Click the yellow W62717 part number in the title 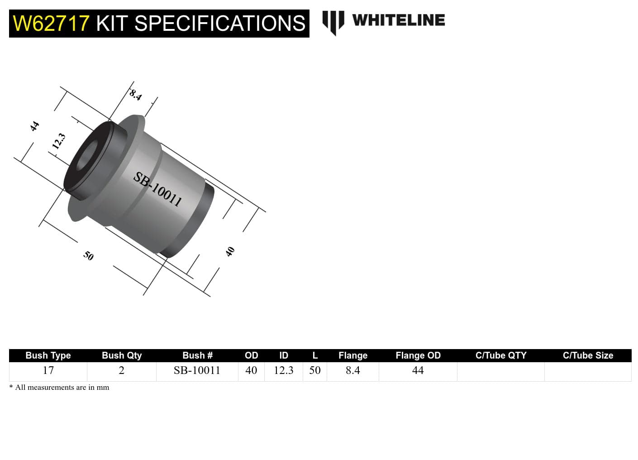[x=51, y=24]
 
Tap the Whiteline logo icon [x=333, y=21]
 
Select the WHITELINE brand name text [x=398, y=20]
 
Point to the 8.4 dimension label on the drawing [x=135, y=95]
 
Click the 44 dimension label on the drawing [x=34, y=126]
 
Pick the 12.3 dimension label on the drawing [x=58, y=141]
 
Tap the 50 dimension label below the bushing [x=88, y=256]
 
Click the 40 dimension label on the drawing [x=230, y=251]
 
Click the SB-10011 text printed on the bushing [x=157, y=189]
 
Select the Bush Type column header [x=48, y=355]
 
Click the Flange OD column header [x=418, y=355]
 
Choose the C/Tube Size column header [x=588, y=355]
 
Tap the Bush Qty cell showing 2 [x=121, y=370]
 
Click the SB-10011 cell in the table [x=197, y=370]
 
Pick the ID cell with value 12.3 [x=283, y=370]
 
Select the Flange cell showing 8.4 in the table [x=352, y=370]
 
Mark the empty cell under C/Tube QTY [x=500, y=371]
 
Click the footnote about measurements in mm [x=59, y=387]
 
